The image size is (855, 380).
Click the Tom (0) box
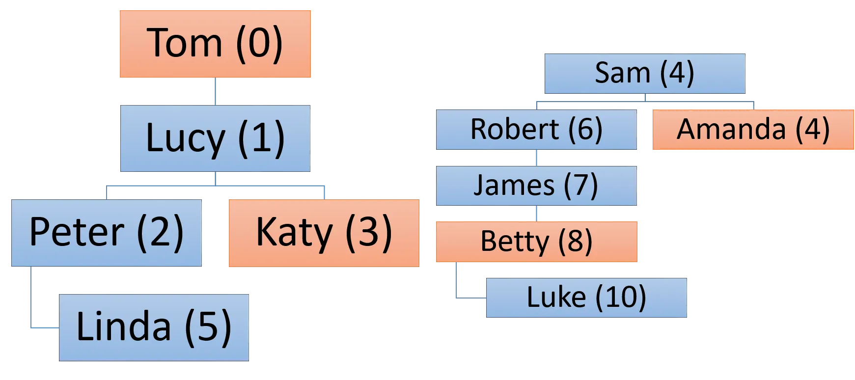(216, 43)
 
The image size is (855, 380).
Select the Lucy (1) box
(215, 138)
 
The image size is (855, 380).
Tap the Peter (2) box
(107, 232)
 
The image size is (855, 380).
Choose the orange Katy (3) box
(324, 232)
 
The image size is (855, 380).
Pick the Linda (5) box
(155, 326)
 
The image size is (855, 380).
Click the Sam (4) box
(644, 73)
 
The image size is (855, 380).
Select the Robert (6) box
(537, 130)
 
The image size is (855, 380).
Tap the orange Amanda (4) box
(753, 130)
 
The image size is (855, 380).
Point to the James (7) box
(537, 186)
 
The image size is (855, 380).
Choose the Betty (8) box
(537, 242)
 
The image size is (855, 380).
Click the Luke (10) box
(586, 297)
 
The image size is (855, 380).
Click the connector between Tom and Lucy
(214, 91)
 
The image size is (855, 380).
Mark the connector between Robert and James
(536, 158)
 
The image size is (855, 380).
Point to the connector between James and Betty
(536, 214)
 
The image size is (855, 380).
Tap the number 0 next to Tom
(259, 43)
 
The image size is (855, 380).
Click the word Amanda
(731, 130)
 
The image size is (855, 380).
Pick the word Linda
(124, 326)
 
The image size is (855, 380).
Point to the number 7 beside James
(581, 186)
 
